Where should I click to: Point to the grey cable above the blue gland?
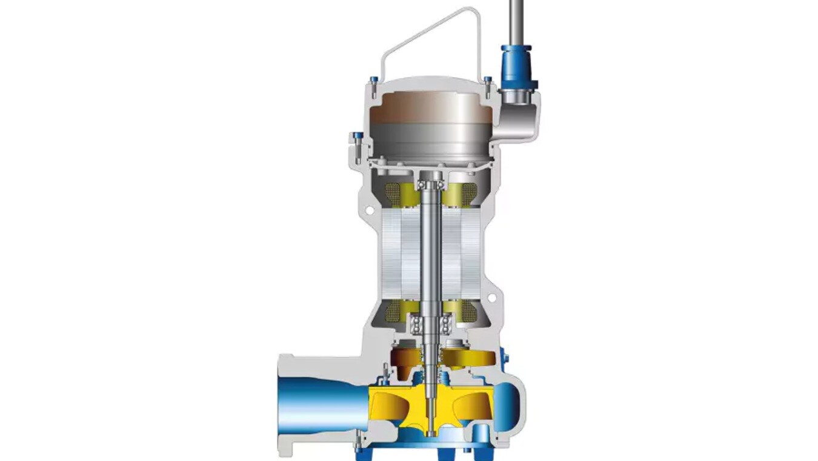pyautogui.click(x=516, y=18)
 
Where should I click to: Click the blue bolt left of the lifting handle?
pyautogui.click(x=374, y=79)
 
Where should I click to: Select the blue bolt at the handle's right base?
pyautogui.click(x=487, y=79)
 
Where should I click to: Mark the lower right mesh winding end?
pyautogui.click(x=468, y=311)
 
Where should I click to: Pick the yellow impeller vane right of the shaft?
pyautogui.click(x=467, y=406)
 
